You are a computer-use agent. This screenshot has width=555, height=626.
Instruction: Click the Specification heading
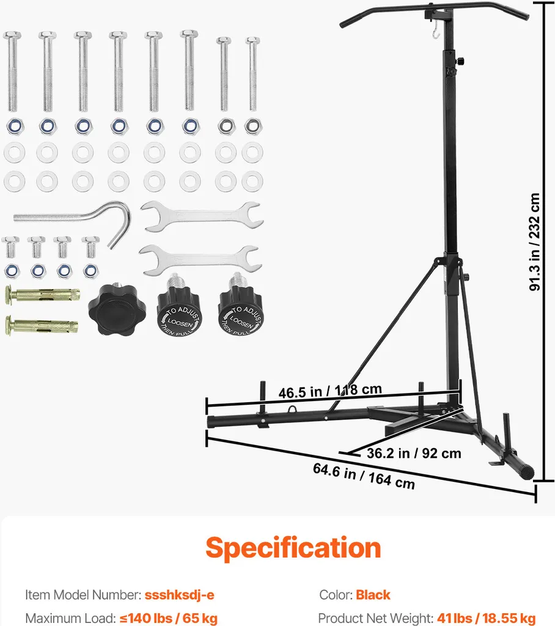[293, 548]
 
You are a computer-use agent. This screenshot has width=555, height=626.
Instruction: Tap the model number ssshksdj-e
[179, 595]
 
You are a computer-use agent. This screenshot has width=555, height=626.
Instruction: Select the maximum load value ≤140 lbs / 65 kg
[169, 619]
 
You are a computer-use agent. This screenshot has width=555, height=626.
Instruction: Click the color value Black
[373, 595]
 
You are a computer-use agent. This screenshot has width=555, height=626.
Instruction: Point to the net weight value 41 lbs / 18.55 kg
[487, 619]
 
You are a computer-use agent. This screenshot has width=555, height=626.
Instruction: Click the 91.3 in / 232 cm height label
[534, 242]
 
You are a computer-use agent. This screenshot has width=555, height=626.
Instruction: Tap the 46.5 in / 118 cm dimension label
[330, 391]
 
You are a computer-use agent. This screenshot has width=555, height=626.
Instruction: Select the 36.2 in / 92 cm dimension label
[414, 454]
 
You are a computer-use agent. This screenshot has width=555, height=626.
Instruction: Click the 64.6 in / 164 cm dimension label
[364, 476]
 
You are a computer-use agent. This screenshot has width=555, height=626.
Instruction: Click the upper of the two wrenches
[202, 217]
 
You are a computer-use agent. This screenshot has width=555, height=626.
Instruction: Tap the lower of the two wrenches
[200, 260]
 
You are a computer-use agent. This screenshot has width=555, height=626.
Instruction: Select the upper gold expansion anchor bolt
[42, 295]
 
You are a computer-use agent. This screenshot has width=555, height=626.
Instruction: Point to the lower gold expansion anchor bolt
[42, 325]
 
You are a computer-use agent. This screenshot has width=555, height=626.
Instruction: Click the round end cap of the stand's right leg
[529, 473]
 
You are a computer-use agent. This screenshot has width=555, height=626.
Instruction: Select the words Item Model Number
[83, 595]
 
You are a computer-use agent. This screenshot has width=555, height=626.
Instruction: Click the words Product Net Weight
[376, 619]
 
